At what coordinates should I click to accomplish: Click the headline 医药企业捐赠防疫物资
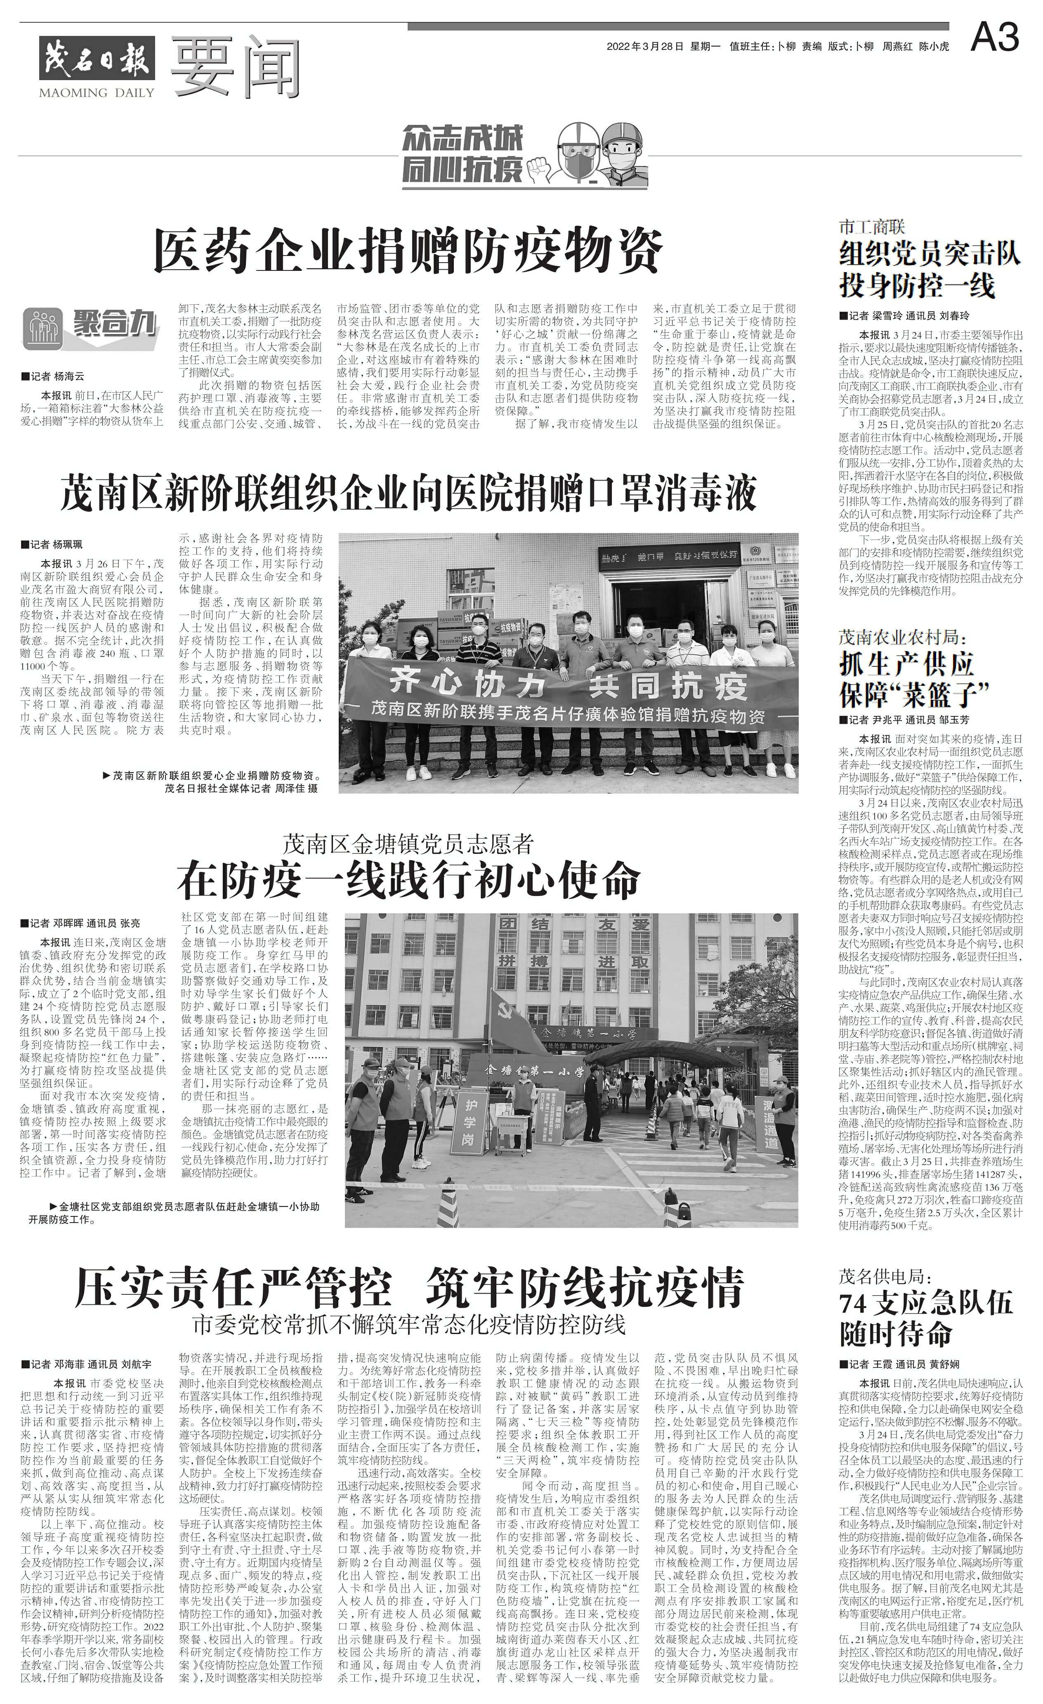point(408,252)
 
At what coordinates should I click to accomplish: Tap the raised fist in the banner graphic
point(540,166)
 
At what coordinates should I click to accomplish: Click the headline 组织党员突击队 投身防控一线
point(930,269)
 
